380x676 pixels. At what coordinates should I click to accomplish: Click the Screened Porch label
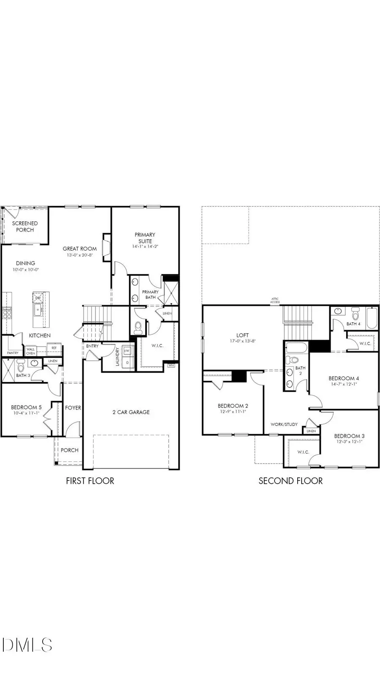24,226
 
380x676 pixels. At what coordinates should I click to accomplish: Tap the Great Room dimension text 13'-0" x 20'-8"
79,255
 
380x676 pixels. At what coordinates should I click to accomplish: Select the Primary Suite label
145,238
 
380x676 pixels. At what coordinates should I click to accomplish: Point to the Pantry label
13,353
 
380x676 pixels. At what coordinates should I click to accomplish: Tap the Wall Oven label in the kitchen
30,351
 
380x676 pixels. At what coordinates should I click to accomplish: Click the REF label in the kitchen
54,348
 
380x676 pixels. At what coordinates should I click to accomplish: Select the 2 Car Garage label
131,412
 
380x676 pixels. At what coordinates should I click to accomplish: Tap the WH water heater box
171,365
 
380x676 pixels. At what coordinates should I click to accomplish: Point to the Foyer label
73,408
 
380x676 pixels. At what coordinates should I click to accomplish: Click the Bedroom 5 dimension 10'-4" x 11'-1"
26,413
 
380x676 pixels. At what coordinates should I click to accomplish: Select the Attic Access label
275,300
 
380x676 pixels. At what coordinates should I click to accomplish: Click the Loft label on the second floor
242,335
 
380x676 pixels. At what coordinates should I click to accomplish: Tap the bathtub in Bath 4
372,319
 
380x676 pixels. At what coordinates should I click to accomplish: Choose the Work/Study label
284,424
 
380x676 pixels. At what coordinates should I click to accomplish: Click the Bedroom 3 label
349,436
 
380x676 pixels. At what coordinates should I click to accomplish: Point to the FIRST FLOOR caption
90,480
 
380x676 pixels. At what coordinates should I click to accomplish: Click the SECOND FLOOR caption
290,480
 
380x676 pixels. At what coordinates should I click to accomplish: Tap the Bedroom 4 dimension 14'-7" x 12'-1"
344,384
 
